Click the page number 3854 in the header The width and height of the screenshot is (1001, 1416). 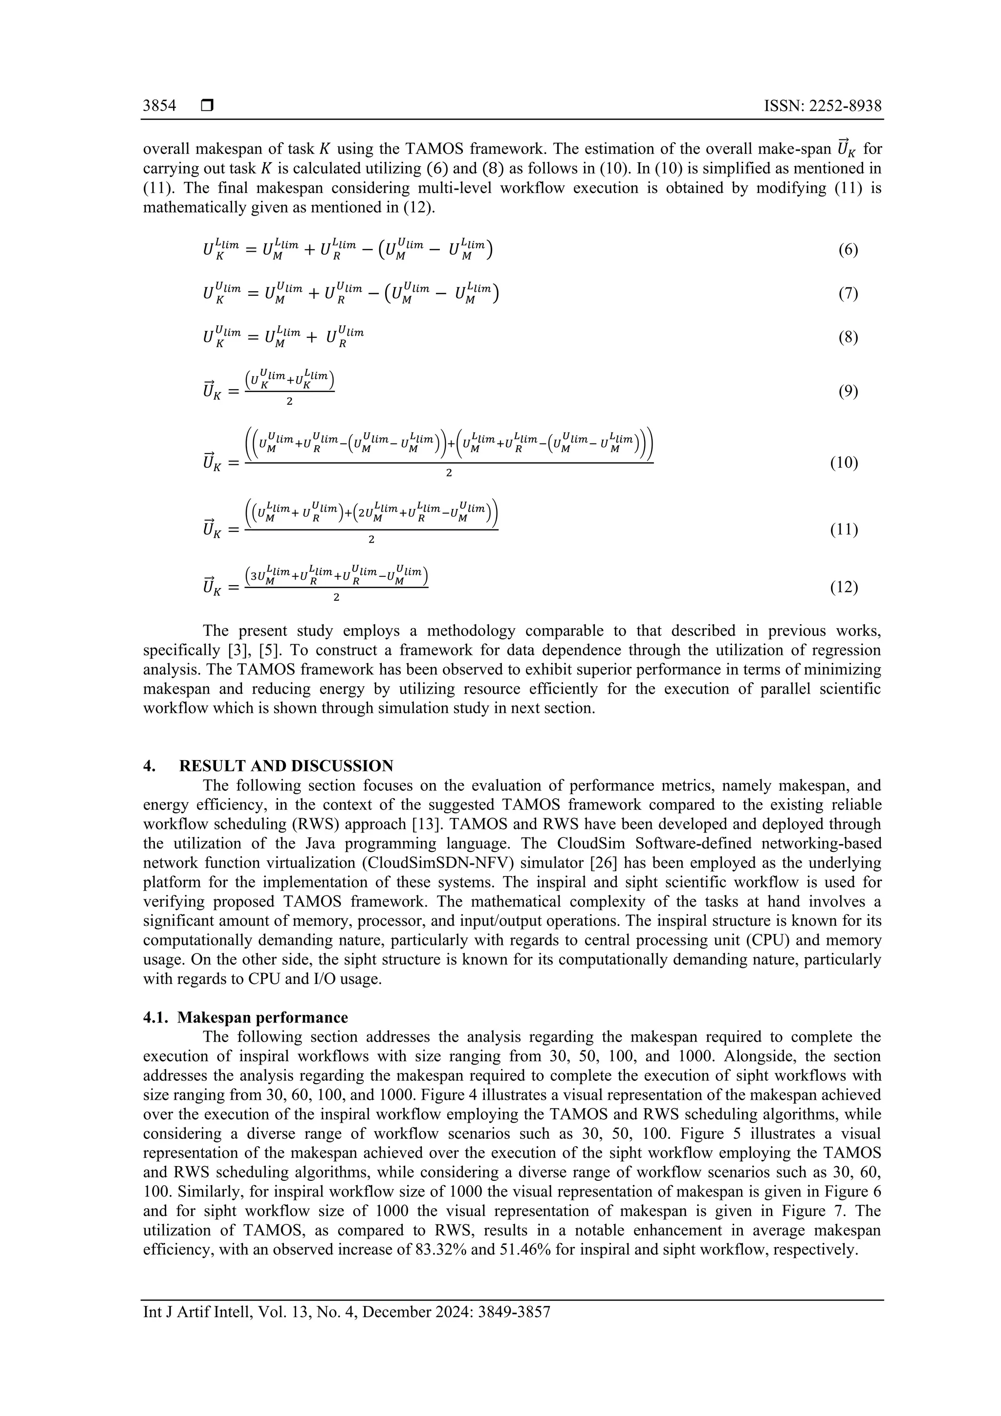(159, 106)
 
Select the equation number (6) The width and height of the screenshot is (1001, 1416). (848, 250)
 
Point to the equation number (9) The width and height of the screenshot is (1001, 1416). (848, 392)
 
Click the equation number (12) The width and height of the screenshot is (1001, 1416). (844, 587)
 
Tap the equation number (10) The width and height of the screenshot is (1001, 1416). (844, 462)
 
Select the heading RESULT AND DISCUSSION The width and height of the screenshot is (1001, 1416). (286, 766)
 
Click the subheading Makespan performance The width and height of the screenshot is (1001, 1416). (263, 1017)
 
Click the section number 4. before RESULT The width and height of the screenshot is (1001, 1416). (149, 766)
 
